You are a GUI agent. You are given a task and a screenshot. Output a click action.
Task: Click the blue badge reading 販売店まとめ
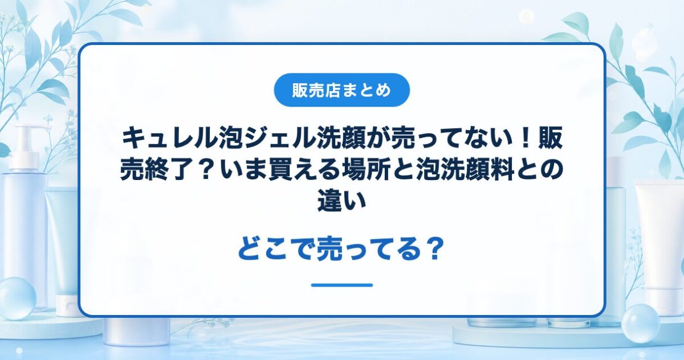pyautogui.click(x=341, y=90)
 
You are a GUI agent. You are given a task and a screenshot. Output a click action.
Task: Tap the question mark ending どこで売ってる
pyautogui.click(x=434, y=249)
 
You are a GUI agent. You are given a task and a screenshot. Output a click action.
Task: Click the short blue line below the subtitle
pyautogui.click(x=342, y=285)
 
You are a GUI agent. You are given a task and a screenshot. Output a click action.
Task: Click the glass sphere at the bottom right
pyautogui.click(x=640, y=324)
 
